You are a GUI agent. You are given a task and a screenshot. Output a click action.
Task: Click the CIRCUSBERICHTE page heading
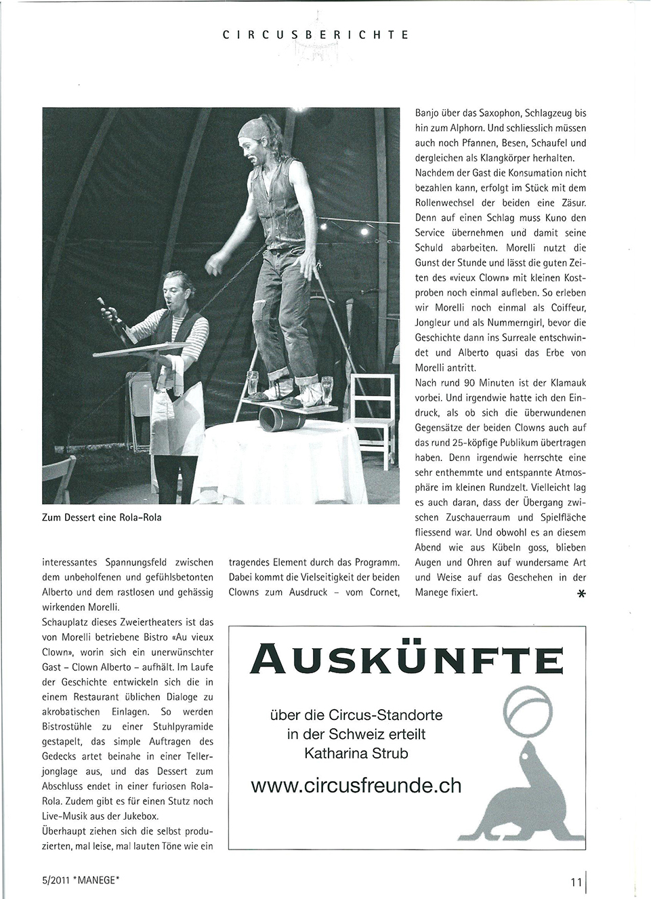tap(316, 33)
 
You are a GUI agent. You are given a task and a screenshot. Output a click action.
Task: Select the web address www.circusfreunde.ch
tap(356, 785)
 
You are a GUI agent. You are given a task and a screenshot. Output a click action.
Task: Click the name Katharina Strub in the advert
tap(356, 753)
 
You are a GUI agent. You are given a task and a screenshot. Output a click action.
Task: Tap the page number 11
tap(576, 882)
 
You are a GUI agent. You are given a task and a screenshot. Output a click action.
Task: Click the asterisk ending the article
tap(580, 595)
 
